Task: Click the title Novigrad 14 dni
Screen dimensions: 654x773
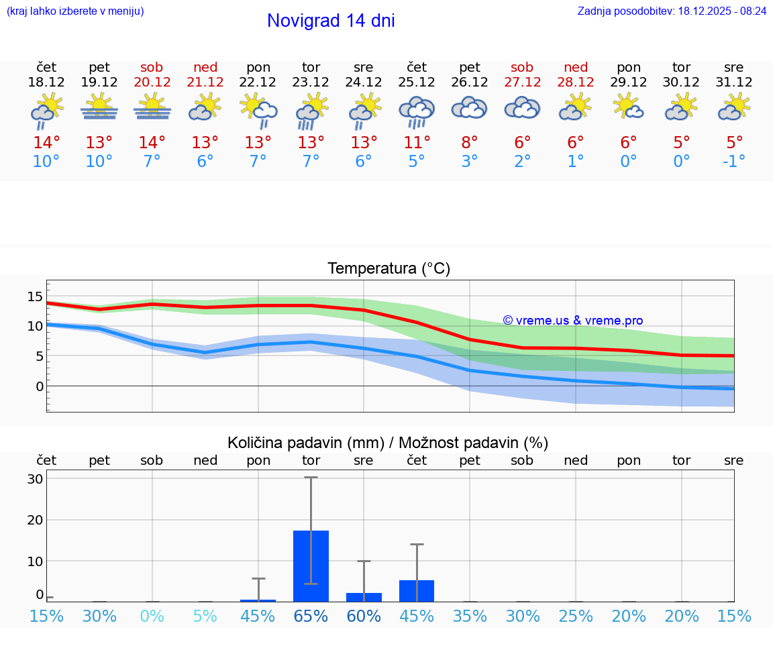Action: click(x=331, y=21)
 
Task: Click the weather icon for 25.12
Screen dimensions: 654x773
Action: click(x=417, y=111)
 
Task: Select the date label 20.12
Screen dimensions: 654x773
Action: click(x=152, y=83)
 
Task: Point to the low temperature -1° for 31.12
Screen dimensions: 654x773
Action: click(x=734, y=162)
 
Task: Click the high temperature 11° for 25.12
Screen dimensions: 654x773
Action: click(x=417, y=143)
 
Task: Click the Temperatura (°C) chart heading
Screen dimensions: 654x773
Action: click(x=389, y=269)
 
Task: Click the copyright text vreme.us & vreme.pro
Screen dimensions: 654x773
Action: click(x=572, y=321)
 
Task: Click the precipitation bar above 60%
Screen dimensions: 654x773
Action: click(x=364, y=597)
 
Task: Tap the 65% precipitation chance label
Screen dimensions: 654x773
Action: click(x=311, y=616)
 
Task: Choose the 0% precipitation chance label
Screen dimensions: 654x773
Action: click(x=152, y=616)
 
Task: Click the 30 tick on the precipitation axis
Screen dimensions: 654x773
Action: click(x=35, y=479)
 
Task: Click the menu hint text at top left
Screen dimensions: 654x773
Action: click(x=75, y=11)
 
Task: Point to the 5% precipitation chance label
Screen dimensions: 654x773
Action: click(x=205, y=616)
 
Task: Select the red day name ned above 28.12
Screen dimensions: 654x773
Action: click(x=576, y=67)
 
